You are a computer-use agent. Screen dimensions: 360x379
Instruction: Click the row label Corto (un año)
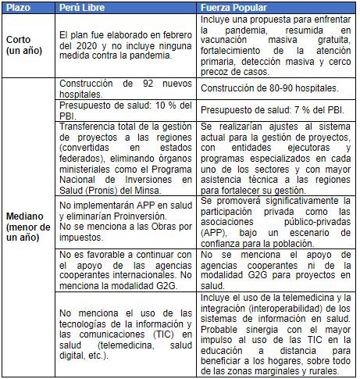coord(23,44)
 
